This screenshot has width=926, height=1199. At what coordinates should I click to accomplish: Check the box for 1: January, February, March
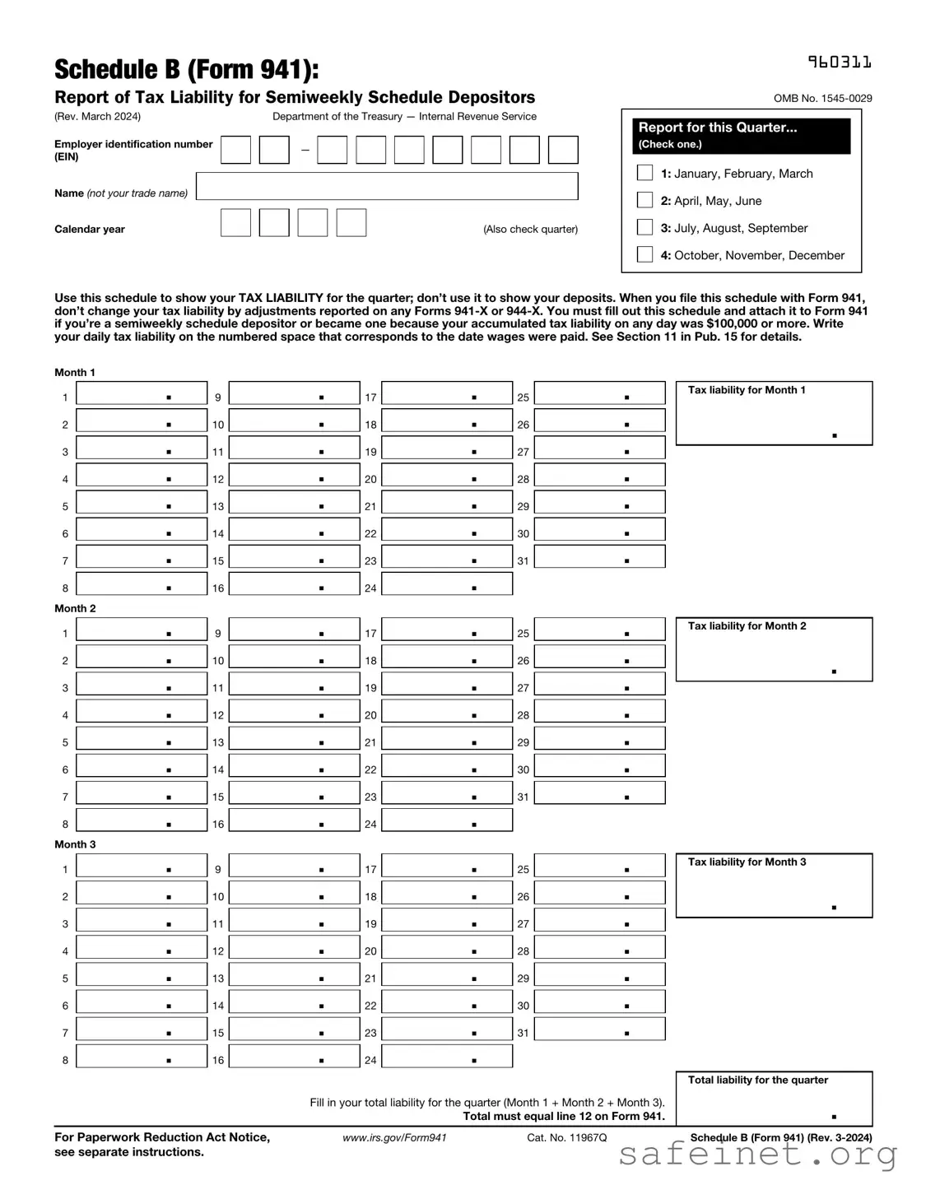coord(645,173)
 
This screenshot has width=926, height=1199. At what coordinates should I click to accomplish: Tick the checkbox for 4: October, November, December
coord(645,254)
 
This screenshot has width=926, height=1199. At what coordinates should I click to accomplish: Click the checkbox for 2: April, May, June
coord(645,200)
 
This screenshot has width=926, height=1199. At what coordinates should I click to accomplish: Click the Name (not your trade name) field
coord(387,186)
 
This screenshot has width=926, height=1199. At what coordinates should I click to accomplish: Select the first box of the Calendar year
coord(235,223)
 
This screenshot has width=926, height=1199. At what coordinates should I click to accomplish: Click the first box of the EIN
coord(235,150)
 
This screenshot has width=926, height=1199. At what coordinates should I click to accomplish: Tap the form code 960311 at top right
coord(839,63)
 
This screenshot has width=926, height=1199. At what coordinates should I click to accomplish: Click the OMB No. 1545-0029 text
coord(822,99)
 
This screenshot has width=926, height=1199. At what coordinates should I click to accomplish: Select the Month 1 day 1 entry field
coord(142,393)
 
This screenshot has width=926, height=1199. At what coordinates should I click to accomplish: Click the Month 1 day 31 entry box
coord(599,557)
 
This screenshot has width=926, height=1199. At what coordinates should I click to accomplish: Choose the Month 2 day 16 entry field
coord(294,820)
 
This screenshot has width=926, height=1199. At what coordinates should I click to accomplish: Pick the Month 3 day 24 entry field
coord(447,1056)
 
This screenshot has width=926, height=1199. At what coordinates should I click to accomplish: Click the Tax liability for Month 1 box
coord(774,414)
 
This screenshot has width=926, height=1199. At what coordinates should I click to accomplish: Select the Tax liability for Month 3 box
coord(774,886)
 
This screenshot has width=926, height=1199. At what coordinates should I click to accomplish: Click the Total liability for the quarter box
coord(774,1099)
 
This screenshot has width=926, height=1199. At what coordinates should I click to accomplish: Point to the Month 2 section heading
coord(75,608)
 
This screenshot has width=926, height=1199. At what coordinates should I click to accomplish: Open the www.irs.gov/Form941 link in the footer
coord(394,1137)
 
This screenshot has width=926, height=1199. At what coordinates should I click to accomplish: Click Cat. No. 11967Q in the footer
coord(566,1137)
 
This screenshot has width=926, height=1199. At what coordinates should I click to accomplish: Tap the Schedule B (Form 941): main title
coord(186,70)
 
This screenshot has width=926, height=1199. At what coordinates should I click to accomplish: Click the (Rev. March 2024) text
coord(97,116)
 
